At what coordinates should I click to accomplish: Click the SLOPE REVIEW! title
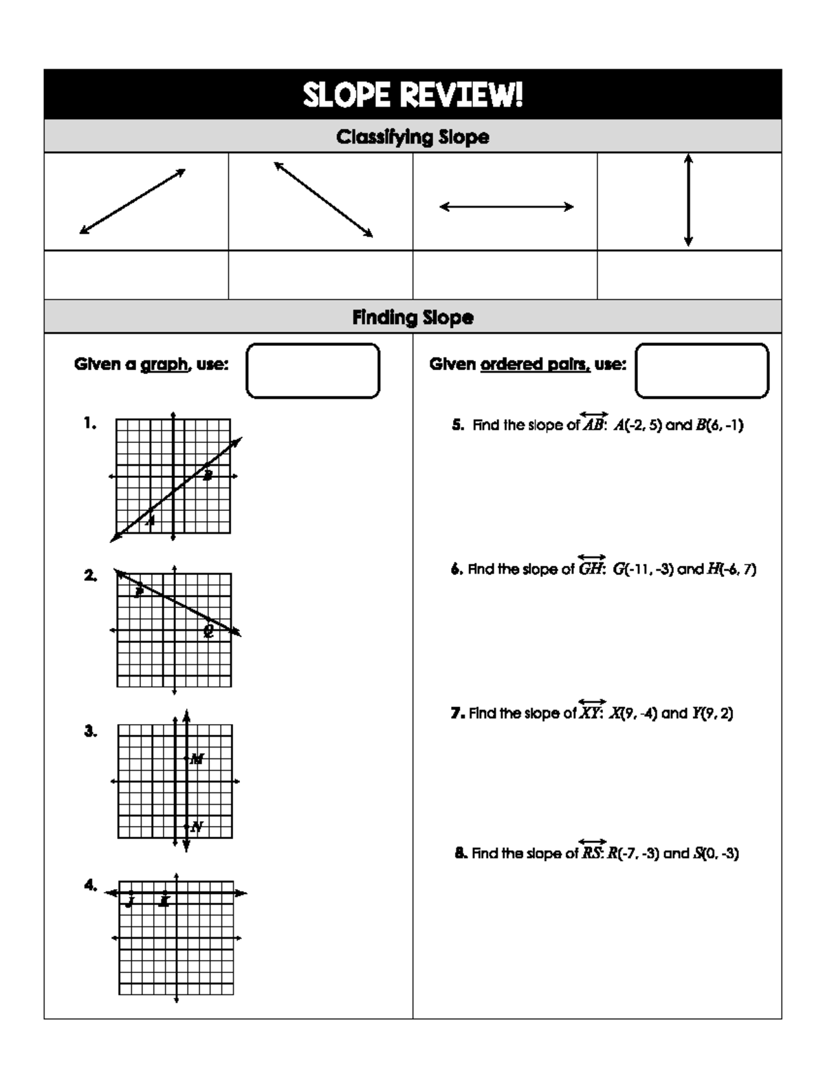412,95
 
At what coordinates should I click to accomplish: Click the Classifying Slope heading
412,137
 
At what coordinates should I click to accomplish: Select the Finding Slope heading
412,317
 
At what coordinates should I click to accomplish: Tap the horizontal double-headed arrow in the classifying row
506,206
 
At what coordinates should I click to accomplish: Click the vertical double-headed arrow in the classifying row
688,200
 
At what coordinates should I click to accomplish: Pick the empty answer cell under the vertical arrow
689,274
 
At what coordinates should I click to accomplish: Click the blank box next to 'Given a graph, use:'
313,371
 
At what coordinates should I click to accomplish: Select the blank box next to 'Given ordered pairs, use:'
702,371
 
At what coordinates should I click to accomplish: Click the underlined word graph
164,364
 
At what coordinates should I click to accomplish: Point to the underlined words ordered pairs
535,364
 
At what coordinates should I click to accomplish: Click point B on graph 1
208,475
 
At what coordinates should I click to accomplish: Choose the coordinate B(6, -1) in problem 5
719,425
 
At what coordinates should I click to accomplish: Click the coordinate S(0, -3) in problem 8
716,853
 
